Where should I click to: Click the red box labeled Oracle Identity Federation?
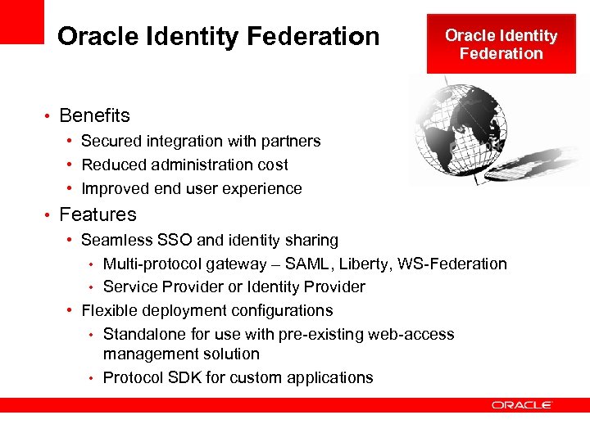tap(501, 44)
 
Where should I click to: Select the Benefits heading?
tap(94, 115)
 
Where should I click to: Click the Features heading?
tap(98, 214)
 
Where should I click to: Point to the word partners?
tap(290, 142)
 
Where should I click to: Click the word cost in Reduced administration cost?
tap(272, 165)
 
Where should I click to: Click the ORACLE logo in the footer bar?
tap(522, 405)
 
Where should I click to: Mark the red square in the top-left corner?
tap(21, 21)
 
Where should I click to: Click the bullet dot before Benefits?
tap(48, 116)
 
